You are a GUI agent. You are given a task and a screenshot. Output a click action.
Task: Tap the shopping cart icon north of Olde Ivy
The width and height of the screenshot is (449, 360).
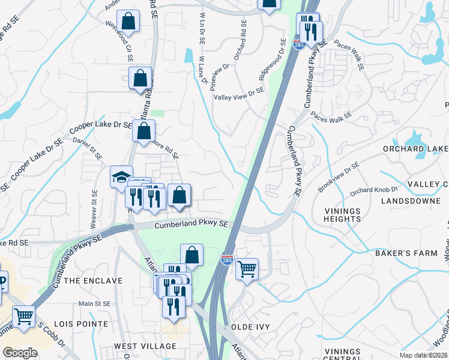(x=247, y=269)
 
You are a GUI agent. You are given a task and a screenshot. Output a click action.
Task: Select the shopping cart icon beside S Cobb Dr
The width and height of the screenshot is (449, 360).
(x=23, y=316)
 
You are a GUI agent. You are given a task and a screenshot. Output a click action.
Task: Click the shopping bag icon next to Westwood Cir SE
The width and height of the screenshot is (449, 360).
(x=128, y=21)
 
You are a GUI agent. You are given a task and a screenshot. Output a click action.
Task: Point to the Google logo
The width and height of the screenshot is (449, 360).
(x=20, y=353)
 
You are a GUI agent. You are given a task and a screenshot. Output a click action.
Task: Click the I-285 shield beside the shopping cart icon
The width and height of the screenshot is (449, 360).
(x=228, y=259)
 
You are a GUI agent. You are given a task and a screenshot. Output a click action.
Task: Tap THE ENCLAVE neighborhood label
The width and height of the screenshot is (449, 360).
(x=93, y=281)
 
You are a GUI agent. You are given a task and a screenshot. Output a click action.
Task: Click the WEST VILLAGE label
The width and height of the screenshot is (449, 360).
(x=145, y=346)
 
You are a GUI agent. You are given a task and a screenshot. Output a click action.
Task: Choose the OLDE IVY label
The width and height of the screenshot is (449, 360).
(x=251, y=326)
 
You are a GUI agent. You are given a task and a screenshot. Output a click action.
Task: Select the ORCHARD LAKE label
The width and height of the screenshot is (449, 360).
(x=416, y=148)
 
